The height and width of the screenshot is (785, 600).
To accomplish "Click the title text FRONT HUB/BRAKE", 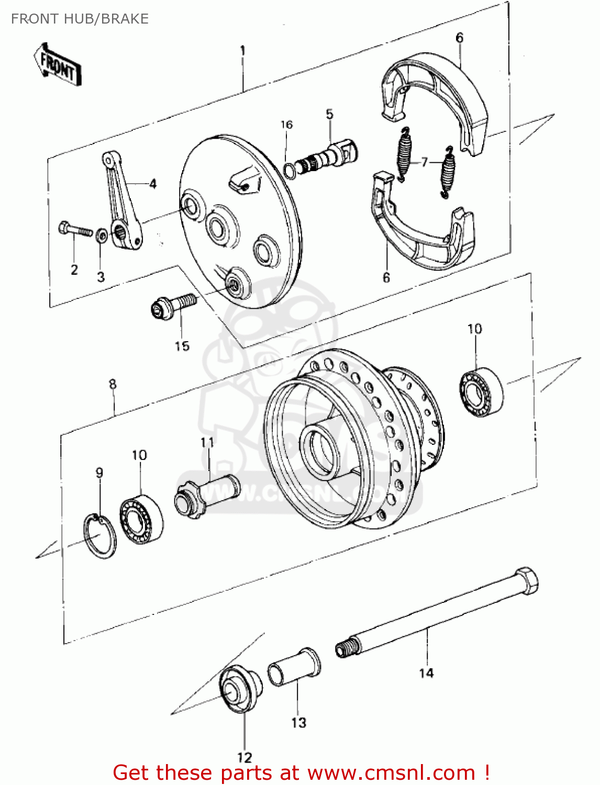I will (x=80, y=19).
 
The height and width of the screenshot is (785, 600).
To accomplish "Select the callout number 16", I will (x=286, y=125).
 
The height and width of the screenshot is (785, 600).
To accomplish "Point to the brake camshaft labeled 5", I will (x=330, y=154).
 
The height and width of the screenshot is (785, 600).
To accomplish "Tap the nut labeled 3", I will (x=102, y=234).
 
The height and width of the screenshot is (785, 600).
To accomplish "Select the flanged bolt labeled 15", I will (x=173, y=306).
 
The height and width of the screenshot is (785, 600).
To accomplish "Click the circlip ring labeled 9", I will (x=100, y=536).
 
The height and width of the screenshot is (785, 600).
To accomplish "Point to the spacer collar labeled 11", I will (x=206, y=495).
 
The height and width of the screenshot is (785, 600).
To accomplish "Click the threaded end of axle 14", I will (x=347, y=649).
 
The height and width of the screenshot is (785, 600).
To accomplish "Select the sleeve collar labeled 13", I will (x=294, y=667).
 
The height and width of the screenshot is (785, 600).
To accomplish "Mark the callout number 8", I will (x=113, y=384).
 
